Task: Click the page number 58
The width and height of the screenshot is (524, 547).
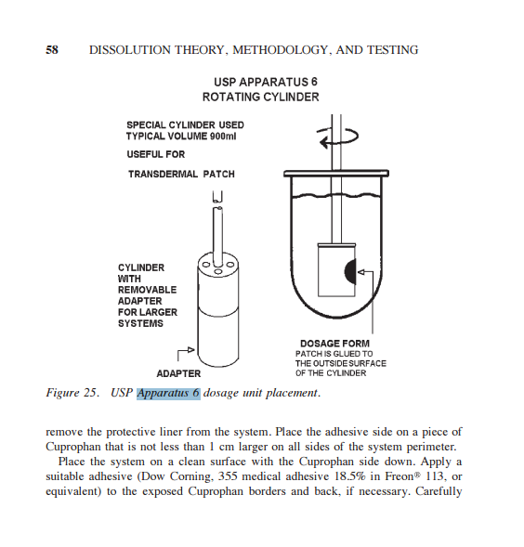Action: tap(52, 50)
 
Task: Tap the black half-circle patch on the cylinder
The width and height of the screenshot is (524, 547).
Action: tap(350, 270)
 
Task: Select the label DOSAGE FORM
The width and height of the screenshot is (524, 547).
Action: tap(334, 344)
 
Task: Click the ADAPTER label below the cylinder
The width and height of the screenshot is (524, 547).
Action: tap(178, 373)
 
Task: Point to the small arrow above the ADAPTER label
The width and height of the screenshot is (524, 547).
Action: tap(186, 353)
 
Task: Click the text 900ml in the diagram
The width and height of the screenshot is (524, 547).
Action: tap(223, 136)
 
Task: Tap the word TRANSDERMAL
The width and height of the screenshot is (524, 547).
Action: tap(163, 174)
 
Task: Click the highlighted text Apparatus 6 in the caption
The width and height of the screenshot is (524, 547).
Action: tap(168, 393)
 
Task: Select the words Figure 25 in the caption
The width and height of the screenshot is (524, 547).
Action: tap(72, 393)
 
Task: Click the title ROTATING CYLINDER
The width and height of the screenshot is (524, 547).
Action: tap(261, 97)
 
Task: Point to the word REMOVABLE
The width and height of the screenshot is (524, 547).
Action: tap(147, 290)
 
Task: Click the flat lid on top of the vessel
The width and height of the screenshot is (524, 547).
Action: tap(336, 174)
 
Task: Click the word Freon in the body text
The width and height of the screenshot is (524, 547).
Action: tap(399, 476)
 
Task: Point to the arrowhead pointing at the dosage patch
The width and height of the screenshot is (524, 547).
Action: tap(361, 272)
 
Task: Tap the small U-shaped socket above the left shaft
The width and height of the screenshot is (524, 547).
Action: tap(217, 197)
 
